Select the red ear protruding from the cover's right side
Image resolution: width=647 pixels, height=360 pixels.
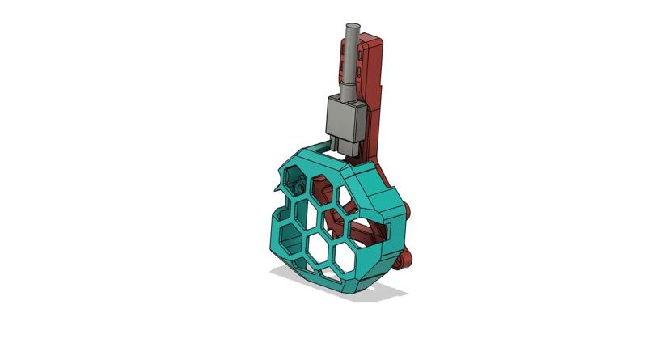click(x=412, y=213)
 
